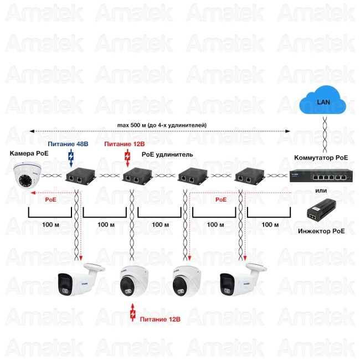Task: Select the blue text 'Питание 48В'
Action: pyautogui.click(x=67, y=144)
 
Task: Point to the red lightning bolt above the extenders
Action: pyautogui.click(x=128, y=158)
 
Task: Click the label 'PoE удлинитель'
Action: pyautogui.click(x=167, y=155)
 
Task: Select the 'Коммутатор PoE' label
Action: pyautogui.click(x=321, y=157)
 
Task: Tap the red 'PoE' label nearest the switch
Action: pyautogui.click(x=220, y=199)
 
